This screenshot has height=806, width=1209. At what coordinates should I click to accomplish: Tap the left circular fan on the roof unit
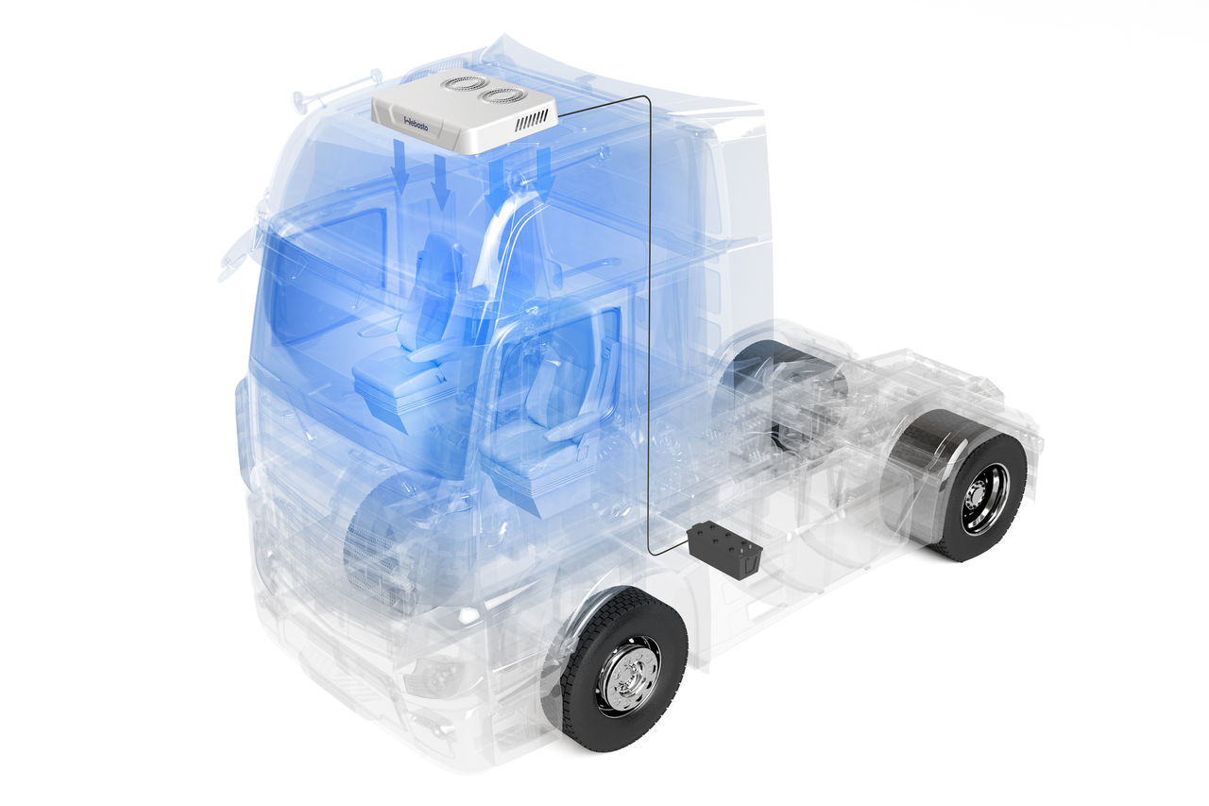coord(465,83)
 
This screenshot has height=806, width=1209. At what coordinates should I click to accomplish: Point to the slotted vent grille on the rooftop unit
coord(531,119)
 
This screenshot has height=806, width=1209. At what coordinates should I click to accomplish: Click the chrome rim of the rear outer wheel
coord(985,498)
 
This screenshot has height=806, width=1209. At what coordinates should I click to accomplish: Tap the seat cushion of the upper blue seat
coord(397,373)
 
